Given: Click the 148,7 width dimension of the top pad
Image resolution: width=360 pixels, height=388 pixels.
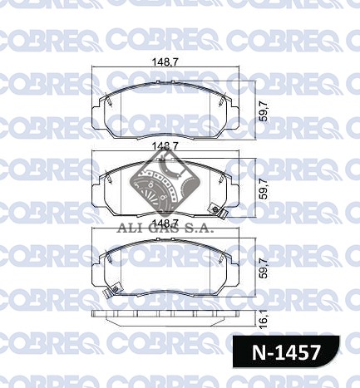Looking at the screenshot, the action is (x=165, y=62).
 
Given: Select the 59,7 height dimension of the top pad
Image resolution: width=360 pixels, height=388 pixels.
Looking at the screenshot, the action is (x=265, y=111).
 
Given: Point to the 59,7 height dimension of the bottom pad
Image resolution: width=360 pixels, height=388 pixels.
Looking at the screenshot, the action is (x=265, y=268).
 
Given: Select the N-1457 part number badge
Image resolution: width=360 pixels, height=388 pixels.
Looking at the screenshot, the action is (x=286, y=351).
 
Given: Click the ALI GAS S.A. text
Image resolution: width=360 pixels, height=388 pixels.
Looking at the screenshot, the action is (x=165, y=228).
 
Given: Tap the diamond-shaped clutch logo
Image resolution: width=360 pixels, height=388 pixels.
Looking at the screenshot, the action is (x=165, y=184).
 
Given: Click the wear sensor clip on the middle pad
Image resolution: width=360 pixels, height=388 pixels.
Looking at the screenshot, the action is (x=218, y=211).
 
